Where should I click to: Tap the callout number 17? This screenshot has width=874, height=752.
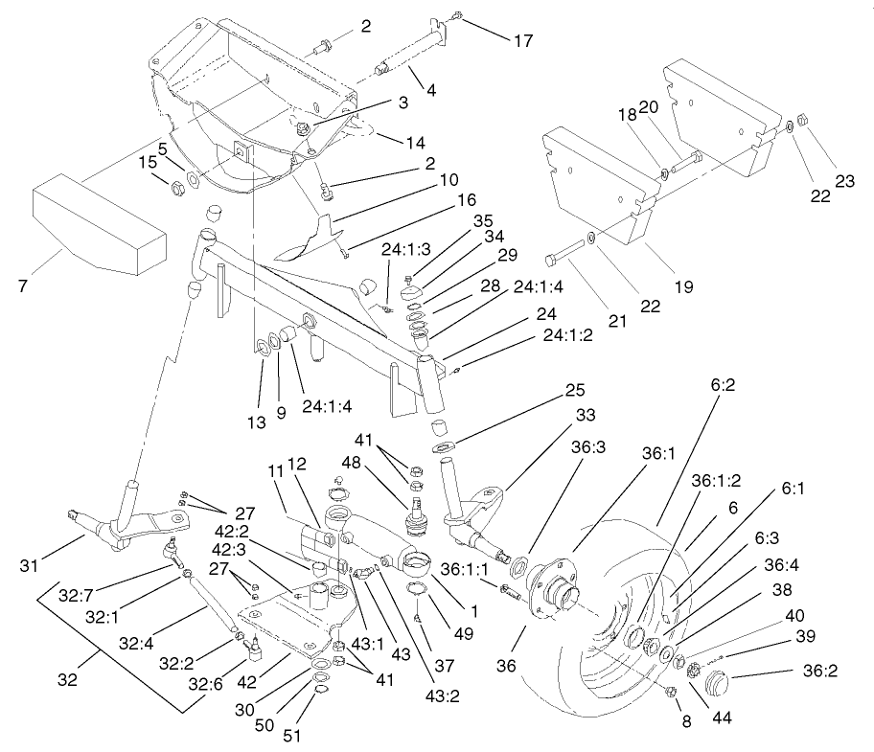point(522,40)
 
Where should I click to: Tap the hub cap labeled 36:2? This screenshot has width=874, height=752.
point(713,685)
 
